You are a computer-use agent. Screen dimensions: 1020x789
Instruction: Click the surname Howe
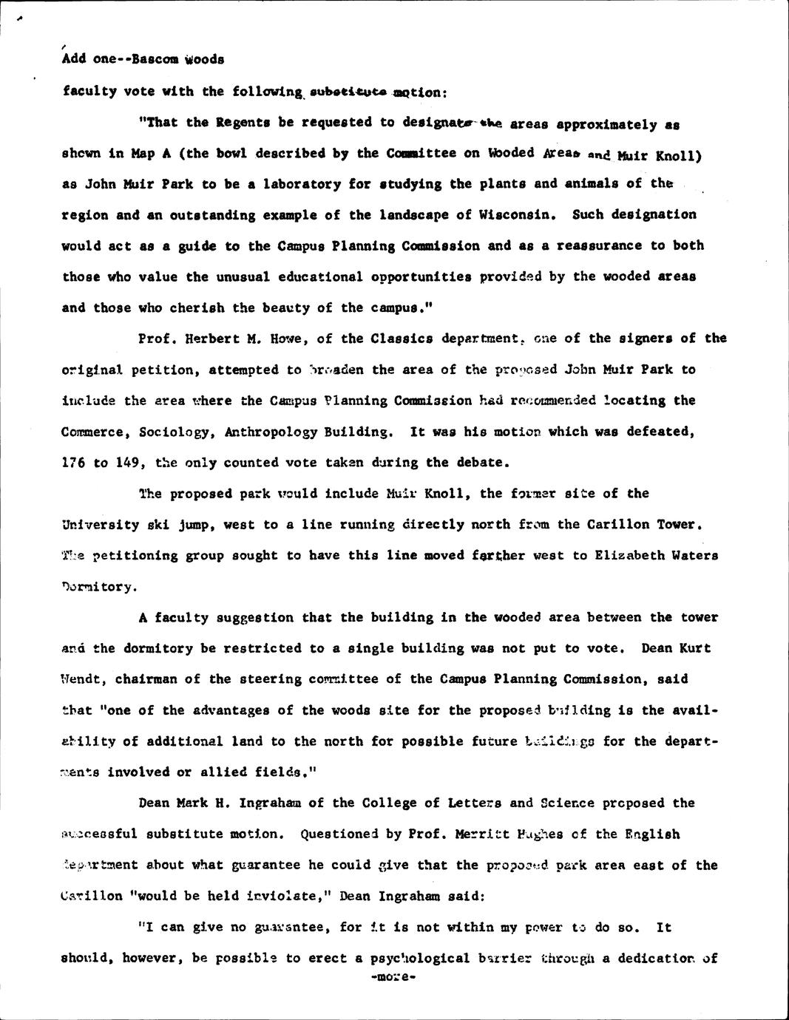[289, 339]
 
